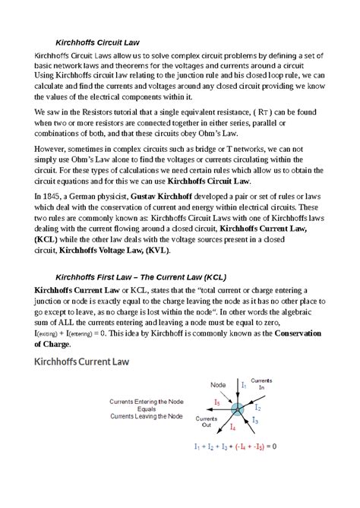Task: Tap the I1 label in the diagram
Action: point(245,386)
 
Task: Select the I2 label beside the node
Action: point(257,407)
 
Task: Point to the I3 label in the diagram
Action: point(255,421)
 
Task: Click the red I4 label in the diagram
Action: point(232,429)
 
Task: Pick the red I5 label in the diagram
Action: point(217,402)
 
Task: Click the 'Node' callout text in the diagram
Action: point(218,385)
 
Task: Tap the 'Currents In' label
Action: point(263,383)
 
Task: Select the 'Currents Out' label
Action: point(207,422)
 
